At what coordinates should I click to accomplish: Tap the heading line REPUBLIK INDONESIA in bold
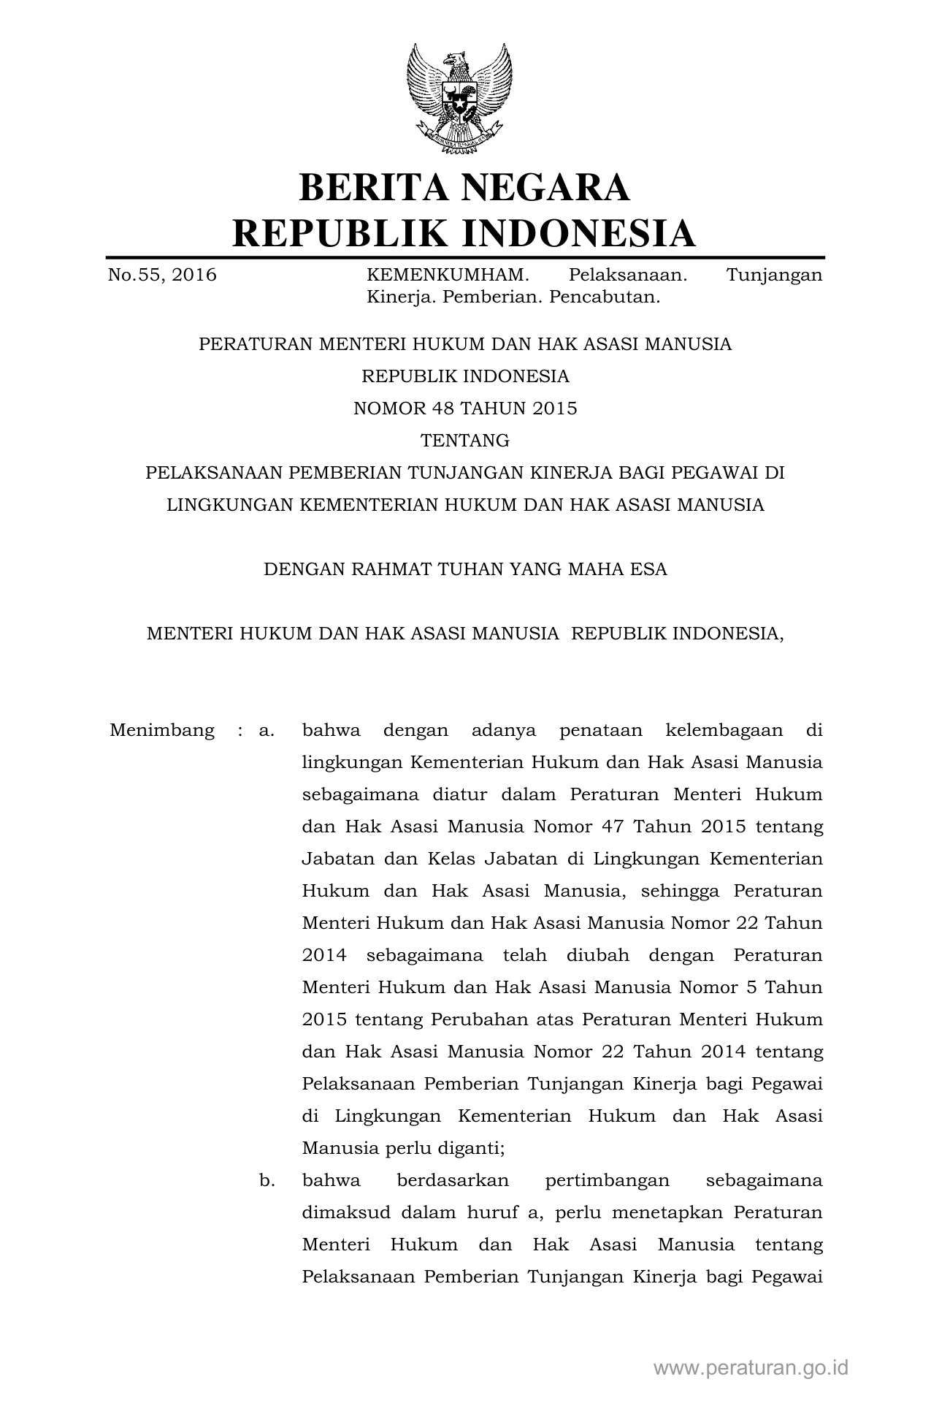click(464, 233)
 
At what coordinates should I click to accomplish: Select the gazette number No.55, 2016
click(162, 275)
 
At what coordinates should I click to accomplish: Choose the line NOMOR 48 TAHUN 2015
click(465, 408)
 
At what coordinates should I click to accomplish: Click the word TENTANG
click(465, 441)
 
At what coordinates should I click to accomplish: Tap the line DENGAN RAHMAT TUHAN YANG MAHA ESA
click(465, 569)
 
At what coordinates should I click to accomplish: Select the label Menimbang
click(162, 730)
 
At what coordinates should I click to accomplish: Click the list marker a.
click(267, 730)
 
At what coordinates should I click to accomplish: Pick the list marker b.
click(267, 1180)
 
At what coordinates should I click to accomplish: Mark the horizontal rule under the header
click(465, 257)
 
